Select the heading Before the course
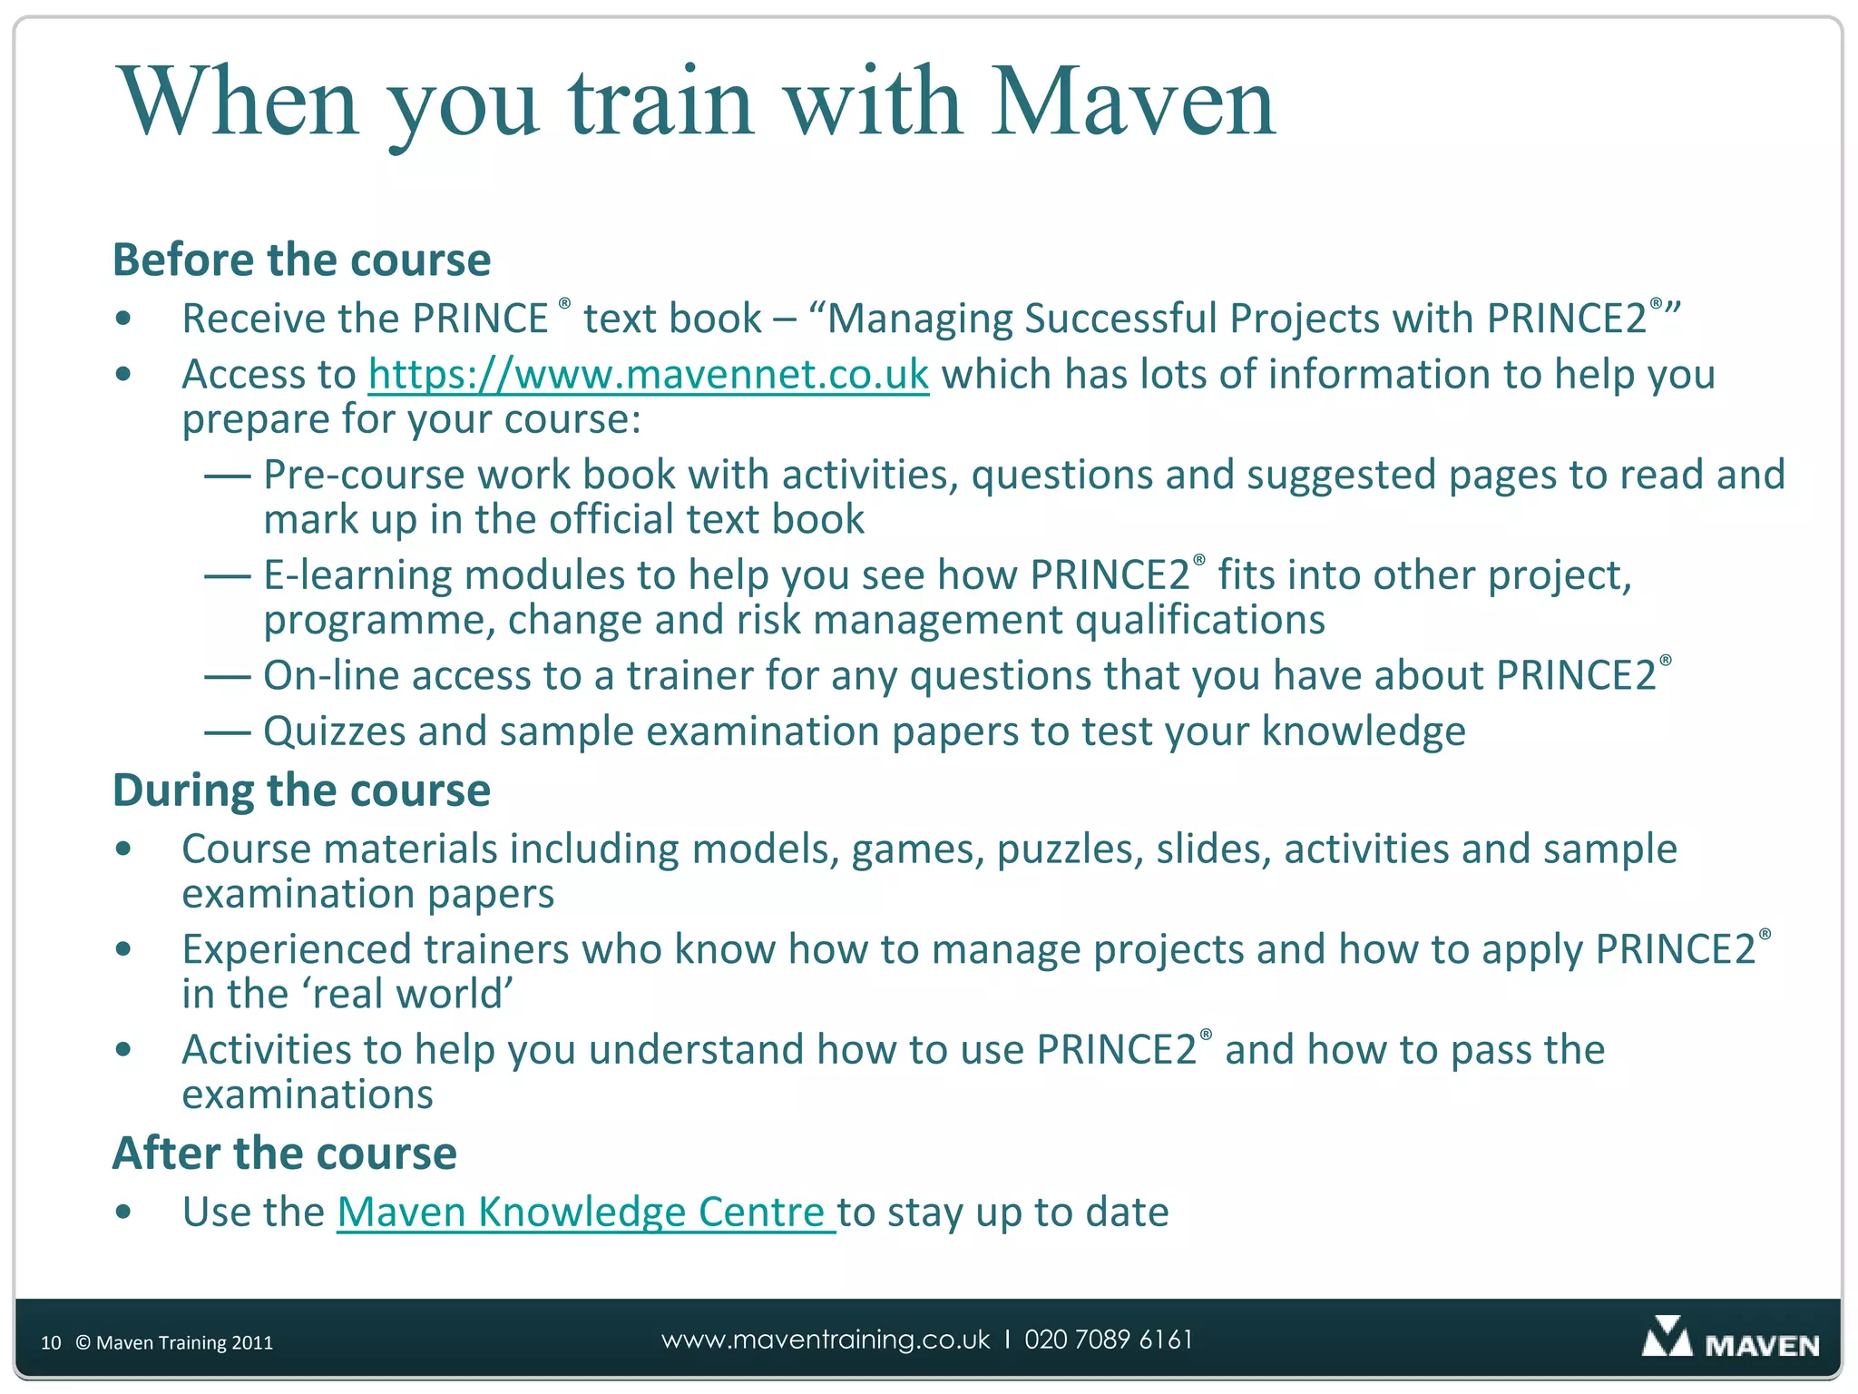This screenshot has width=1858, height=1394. (301, 260)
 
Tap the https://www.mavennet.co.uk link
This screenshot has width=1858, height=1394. (648, 374)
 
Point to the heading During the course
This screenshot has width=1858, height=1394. (301, 790)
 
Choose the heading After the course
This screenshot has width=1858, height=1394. (284, 1153)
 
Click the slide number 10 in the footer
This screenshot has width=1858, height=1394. (51, 1342)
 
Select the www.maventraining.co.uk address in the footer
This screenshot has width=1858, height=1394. (826, 1340)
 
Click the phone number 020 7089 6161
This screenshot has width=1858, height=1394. (1108, 1340)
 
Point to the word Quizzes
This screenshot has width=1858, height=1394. (334, 731)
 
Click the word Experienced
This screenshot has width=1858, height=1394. (296, 950)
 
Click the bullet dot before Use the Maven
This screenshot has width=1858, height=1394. (124, 1212)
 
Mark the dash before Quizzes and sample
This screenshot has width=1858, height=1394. (227, 731)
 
